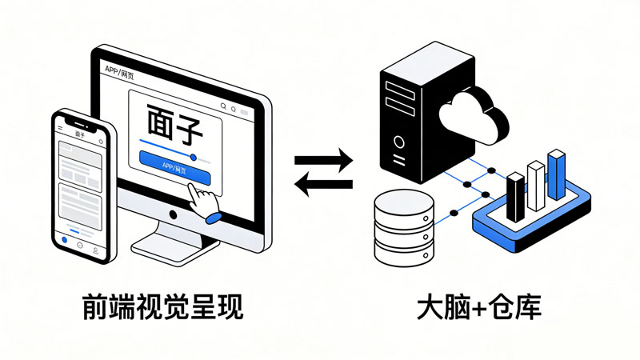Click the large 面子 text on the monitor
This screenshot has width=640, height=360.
tap(174, 125)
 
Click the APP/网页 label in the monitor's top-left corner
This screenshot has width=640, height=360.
tap(121, 70)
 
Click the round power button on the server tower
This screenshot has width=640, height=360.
tap(398, 143)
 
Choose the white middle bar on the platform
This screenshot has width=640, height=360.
tap(535, 186)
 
